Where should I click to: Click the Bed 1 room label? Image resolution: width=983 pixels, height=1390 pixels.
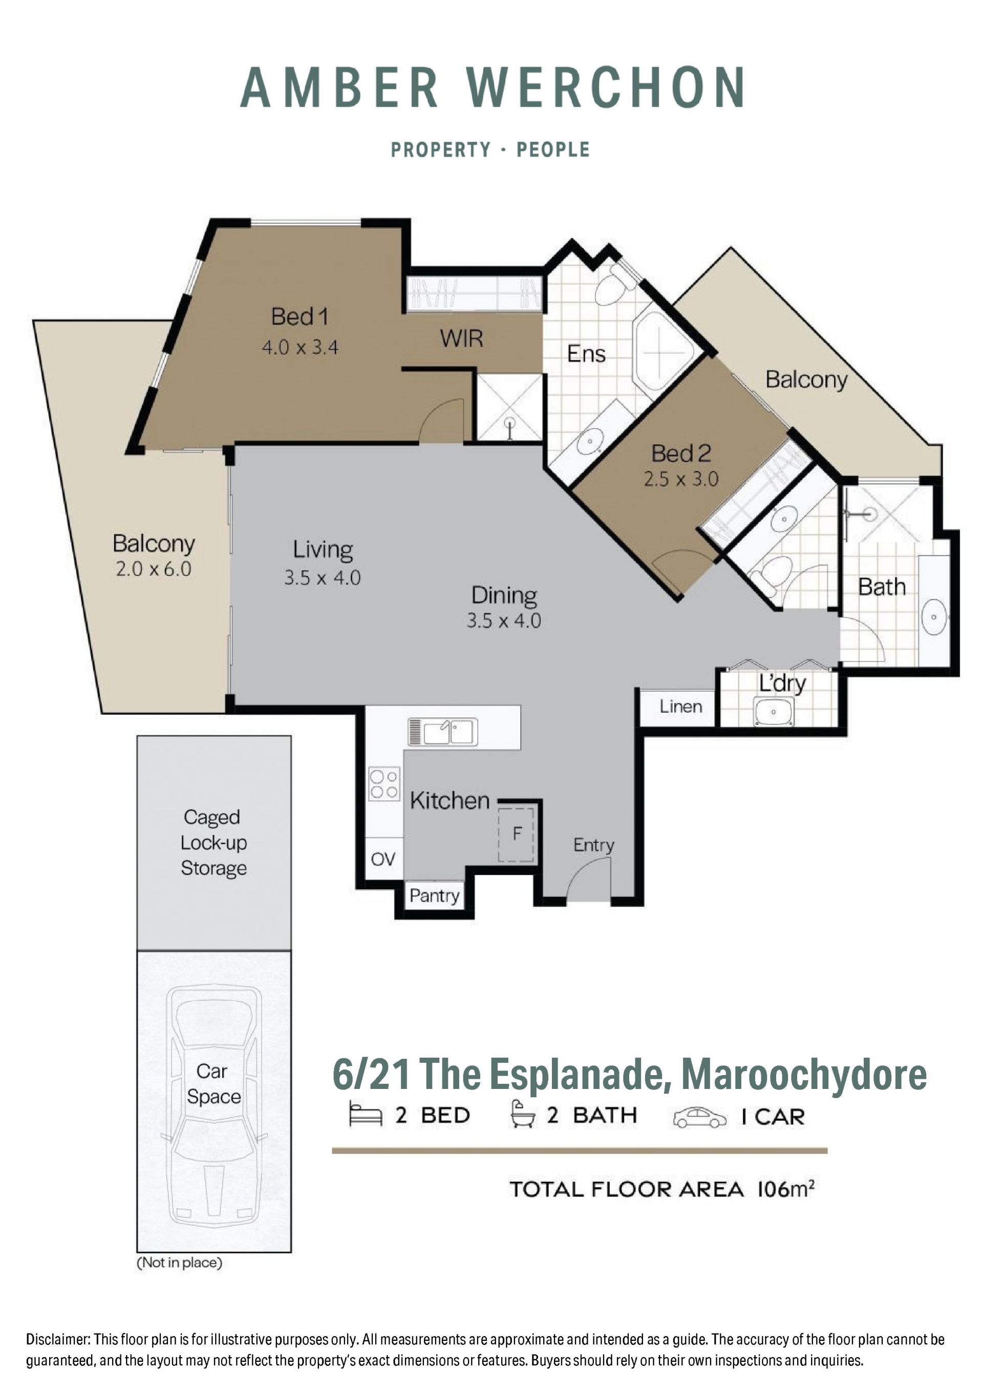300,316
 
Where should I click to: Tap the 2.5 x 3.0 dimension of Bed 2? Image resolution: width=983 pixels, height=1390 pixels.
681,480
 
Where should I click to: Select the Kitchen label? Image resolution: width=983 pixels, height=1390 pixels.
450,800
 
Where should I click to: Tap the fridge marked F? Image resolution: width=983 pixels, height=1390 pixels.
516,833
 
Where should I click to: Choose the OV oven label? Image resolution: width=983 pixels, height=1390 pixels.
383,859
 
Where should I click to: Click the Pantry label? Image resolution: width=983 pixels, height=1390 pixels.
434,895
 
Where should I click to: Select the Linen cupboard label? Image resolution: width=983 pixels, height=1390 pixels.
681,707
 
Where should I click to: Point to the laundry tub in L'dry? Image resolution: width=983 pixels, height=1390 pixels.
774,711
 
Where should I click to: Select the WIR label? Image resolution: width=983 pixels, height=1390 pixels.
461,338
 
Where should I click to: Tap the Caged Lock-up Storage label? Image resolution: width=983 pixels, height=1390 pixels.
213,842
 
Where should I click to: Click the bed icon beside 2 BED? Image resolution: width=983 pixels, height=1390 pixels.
366,1115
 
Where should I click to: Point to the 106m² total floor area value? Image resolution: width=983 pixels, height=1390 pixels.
786,1189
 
